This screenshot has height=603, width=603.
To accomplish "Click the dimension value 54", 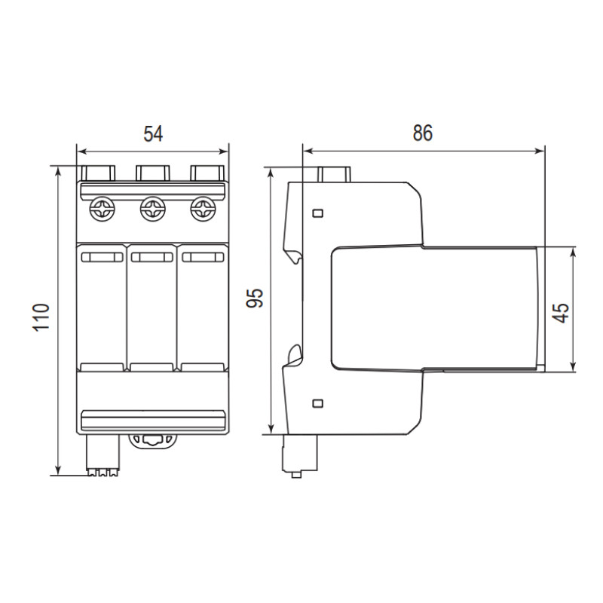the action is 153,133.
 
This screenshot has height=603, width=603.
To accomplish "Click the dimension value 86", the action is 423,133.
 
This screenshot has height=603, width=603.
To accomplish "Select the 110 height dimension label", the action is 41,317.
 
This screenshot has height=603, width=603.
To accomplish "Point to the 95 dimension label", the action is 255,298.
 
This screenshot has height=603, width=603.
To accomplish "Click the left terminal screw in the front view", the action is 102,209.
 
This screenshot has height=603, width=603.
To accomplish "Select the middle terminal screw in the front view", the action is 153,209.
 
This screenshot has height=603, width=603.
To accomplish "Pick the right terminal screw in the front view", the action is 203,209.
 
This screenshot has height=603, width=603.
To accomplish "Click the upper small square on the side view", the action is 317,213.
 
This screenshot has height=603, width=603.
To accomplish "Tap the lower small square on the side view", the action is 317,403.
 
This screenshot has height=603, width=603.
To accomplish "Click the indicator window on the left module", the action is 103,257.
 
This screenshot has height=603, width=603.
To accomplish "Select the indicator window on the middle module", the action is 152,257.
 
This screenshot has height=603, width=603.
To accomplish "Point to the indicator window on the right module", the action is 203,257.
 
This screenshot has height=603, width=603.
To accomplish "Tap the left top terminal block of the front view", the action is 99,173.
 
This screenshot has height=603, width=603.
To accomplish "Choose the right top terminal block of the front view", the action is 207,173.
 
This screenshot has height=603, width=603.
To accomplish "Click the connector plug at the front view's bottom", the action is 103,455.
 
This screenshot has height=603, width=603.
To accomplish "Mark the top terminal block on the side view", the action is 334,174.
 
